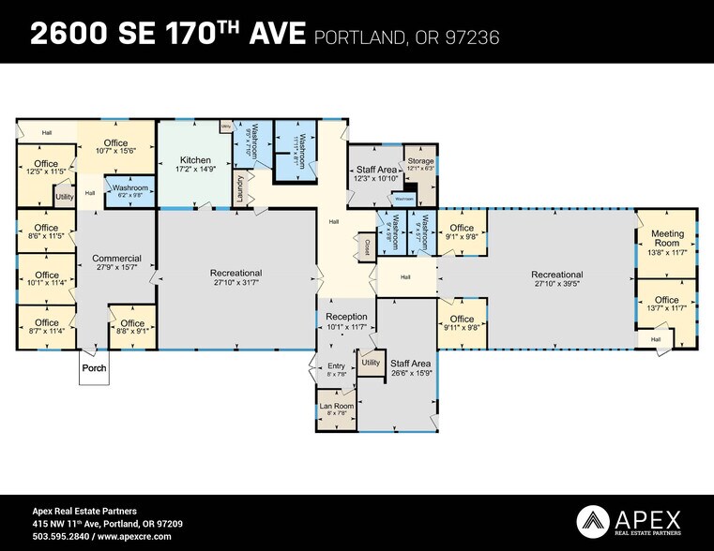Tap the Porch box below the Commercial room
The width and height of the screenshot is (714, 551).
95,368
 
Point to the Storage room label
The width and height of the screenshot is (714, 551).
420,161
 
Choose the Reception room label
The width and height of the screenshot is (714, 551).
346,317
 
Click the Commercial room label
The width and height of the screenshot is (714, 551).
116,258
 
